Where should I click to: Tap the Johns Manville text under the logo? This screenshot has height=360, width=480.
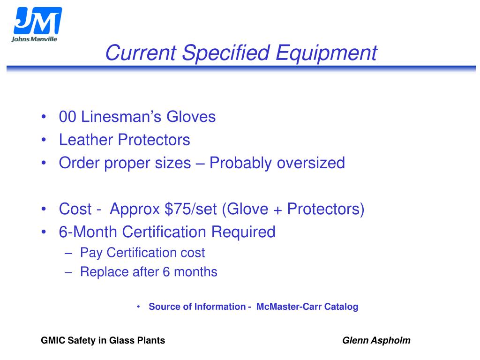[34, 39]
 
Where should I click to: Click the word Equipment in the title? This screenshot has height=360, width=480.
[326, 52]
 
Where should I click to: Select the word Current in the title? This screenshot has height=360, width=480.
[140, 52]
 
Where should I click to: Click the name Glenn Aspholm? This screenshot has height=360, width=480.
[376, 341]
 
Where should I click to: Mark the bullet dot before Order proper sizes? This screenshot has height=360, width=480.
[44, 163]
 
